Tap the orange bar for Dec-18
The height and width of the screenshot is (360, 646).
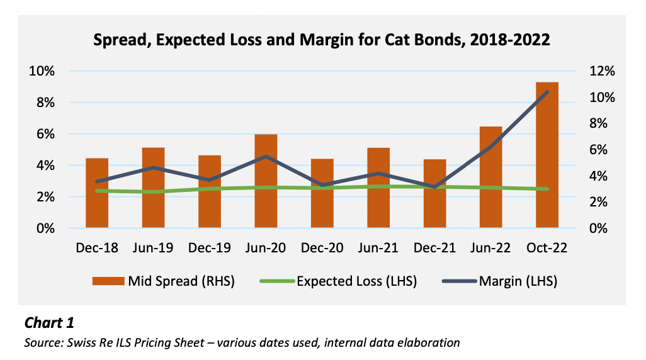click(97, 193)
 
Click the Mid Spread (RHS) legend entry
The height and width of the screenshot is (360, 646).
click(163, 281)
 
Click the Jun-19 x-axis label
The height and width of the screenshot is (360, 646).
click(153, 247)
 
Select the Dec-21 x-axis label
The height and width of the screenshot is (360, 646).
click(434, 247)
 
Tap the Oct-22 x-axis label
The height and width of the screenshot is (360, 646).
click(547, 247)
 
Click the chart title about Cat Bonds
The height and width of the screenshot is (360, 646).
click(322, 40)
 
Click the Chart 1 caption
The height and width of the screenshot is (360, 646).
click(49, 323)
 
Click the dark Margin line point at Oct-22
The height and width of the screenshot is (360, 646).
click(547, 93)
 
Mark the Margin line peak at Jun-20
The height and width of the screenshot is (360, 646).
click(266, 156)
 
